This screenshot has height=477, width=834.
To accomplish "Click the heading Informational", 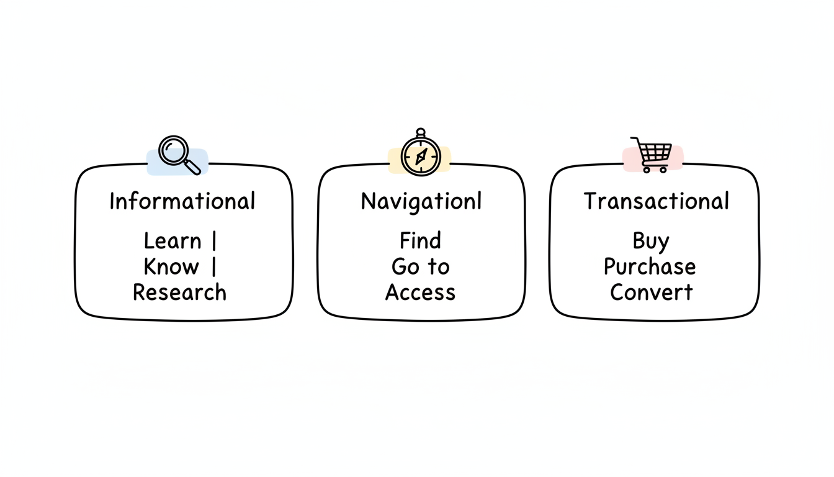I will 182,201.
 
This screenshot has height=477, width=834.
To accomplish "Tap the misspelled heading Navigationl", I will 421,201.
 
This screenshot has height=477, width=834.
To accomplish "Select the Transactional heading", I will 656,201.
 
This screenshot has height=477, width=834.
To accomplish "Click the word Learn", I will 173,241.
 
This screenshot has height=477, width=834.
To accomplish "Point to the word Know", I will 171,267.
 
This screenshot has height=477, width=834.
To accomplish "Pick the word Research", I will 179,293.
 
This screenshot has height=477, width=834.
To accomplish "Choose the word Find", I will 421,240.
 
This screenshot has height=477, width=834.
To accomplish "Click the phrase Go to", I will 420,267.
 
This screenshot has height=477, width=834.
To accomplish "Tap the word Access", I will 420,293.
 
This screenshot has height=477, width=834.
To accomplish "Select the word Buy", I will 651,241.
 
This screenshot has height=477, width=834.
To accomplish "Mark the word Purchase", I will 650,267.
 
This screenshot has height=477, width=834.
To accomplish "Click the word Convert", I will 651,293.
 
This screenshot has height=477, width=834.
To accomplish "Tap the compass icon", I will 420,155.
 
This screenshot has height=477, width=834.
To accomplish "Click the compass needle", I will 420,155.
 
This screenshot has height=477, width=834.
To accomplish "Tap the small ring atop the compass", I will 420,132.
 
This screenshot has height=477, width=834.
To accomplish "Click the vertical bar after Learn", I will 214,241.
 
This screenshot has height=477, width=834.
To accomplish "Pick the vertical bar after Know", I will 214,267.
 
